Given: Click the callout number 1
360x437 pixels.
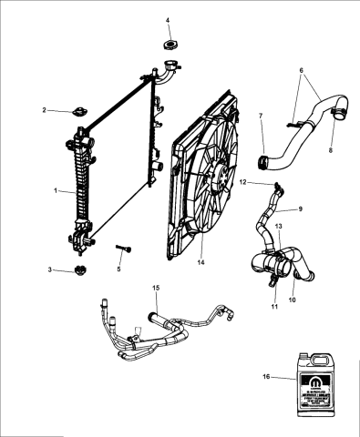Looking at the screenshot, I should (56, 191).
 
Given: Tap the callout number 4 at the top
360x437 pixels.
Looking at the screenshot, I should (168, 20).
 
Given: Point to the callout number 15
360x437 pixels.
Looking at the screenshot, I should (156, 289).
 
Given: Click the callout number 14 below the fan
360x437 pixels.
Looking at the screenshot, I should (202, 263).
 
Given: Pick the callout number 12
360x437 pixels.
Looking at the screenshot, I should (243, 182).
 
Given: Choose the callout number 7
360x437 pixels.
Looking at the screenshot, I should (261, 116).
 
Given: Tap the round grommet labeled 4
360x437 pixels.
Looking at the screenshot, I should (169, 44).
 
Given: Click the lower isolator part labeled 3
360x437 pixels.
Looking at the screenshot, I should (79, 270).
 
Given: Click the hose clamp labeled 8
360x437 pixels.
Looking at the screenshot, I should (338, 116).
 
